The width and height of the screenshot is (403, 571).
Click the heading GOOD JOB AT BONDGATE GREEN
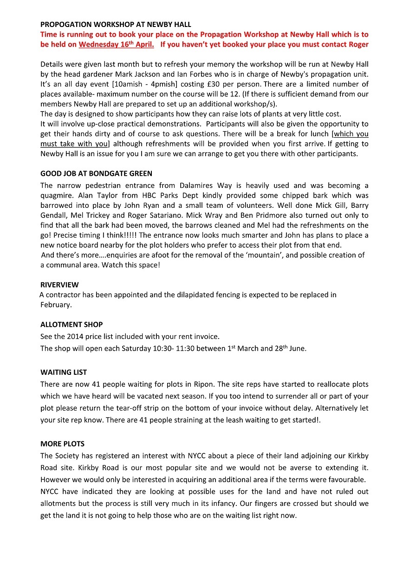96,173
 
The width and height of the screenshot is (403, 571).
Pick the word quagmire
57,196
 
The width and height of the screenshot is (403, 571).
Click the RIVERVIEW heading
59,285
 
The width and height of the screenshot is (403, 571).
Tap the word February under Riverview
56,305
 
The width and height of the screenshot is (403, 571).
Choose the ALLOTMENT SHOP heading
71,325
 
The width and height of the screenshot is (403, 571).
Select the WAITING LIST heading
64,372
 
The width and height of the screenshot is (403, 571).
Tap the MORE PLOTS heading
62,444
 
